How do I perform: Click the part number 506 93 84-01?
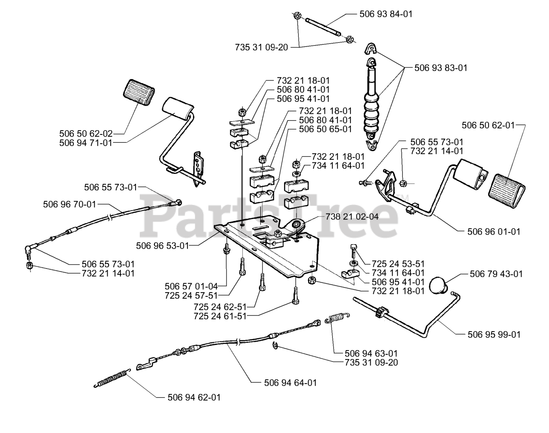[x=386, y=14]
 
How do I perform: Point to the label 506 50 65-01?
[x=326, y=129]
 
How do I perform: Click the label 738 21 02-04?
[x=352, y=216]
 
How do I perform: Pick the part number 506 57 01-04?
[x=191, y=286]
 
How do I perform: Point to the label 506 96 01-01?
[x=494, y=232]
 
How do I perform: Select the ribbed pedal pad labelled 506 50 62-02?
[x=139, y=93]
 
